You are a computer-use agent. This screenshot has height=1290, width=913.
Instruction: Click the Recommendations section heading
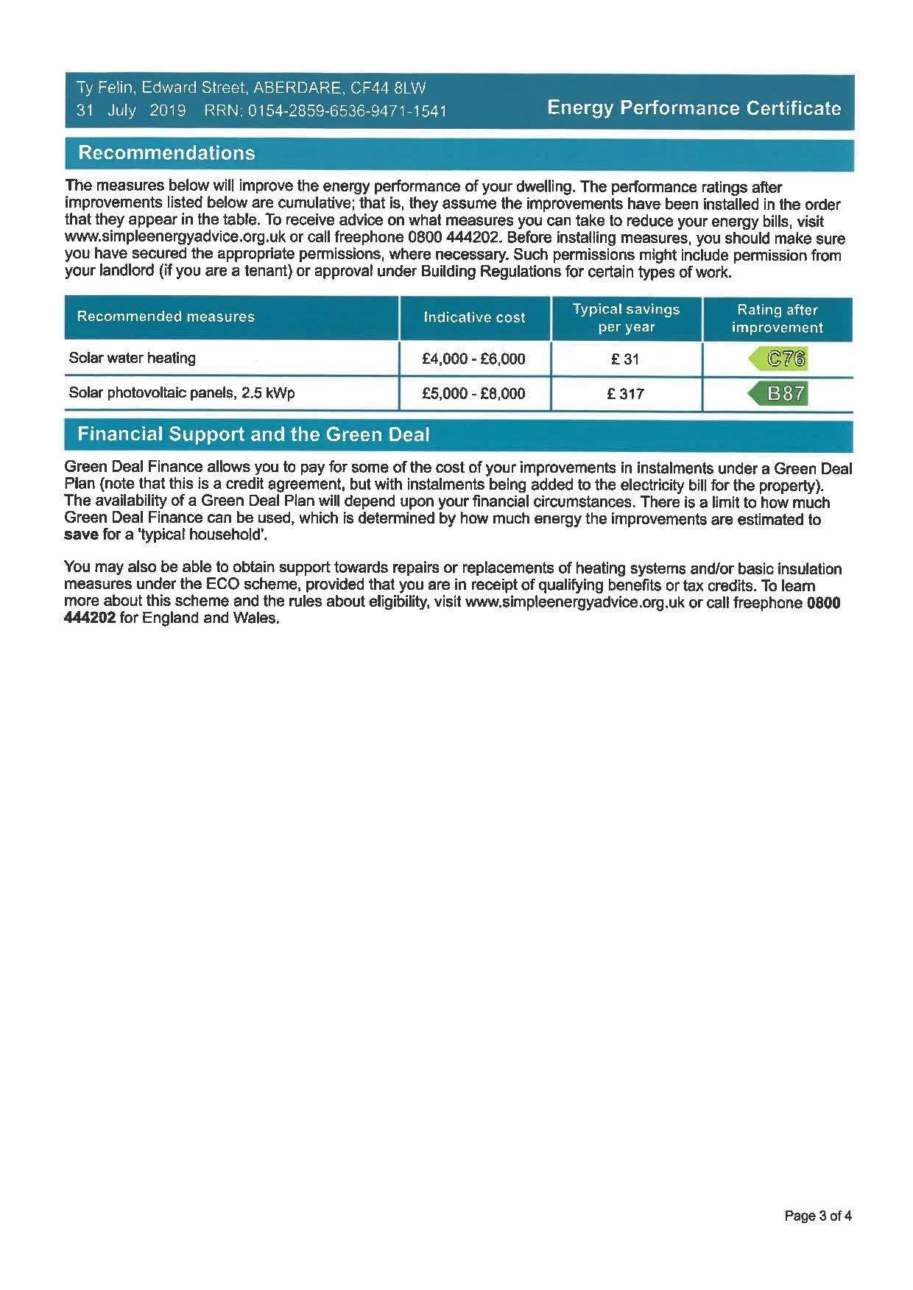pos(166,153)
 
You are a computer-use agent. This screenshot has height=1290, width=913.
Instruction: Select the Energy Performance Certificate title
pos(694,108)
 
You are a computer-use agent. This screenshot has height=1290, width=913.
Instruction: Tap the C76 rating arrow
pos(779,359)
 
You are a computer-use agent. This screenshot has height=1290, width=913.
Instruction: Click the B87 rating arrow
pos(779,393)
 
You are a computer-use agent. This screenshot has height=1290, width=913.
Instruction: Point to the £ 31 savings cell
pos(625,359)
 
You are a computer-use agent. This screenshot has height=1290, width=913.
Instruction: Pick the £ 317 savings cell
pos(625,394)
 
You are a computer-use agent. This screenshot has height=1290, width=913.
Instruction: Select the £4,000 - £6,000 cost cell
pos(473,359)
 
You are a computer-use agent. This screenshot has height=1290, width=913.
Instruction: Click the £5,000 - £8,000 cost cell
pos(473,394)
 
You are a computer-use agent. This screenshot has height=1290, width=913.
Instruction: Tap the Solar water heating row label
pos(133,359)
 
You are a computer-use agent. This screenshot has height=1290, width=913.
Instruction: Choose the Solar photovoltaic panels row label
pos(182,393)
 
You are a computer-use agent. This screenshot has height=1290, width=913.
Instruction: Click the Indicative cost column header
pos(474,317)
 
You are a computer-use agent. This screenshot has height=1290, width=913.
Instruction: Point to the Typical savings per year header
pos(626,318)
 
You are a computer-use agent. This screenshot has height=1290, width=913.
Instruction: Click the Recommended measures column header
pos(166,317)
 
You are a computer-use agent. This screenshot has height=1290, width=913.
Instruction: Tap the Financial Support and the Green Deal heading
pos(253,434)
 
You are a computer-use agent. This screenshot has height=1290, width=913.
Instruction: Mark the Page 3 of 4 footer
pos(818,1216)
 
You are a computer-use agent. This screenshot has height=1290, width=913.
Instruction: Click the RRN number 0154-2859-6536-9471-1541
pos(348,111)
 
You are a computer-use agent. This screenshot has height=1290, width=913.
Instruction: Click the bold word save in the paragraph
pos(81,535)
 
